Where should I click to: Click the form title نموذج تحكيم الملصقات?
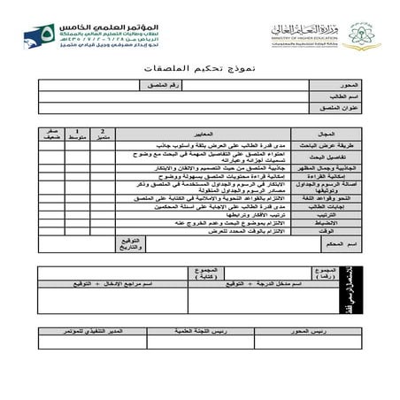tap(199, 67)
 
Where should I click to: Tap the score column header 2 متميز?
tap(103, 133)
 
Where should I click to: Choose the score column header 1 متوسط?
tap(78, 133)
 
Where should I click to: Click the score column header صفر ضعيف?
tap(51, 133)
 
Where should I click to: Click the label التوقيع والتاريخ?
tap(131, 242)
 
